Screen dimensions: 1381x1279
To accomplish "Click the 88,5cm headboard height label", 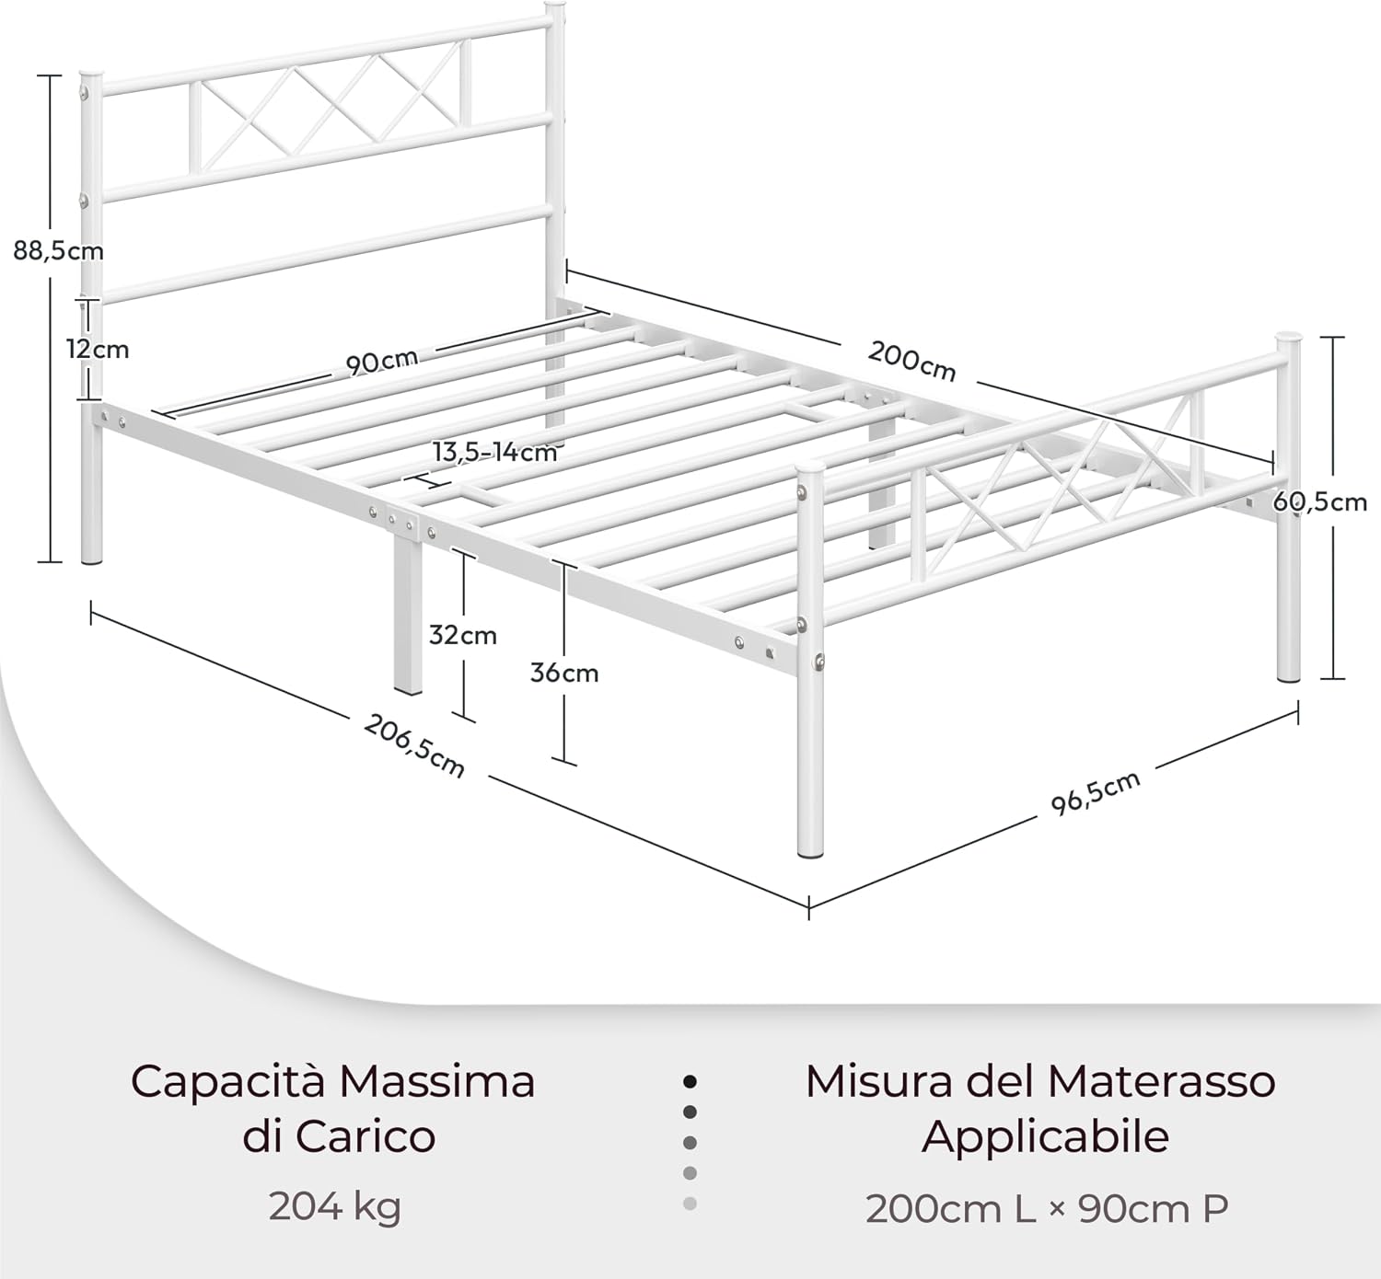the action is click(58, 251).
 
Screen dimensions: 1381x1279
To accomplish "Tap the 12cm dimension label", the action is click(98, 349).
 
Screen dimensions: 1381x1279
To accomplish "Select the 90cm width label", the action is click(382, 363).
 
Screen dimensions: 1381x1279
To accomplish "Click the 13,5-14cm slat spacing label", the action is click(495, 453).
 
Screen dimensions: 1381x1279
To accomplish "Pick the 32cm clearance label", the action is click(462, 635).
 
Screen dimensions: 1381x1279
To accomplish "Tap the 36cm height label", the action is click(564, 673).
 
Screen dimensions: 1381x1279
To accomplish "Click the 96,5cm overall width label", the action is click(1096, 792).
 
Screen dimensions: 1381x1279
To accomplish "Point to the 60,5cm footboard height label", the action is click(1320, 501).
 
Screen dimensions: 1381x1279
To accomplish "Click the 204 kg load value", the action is click(334, 1206).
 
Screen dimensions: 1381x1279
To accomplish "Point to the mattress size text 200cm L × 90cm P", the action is click(1047, 1208).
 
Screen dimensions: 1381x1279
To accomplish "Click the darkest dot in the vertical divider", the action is click(690, 1081).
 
